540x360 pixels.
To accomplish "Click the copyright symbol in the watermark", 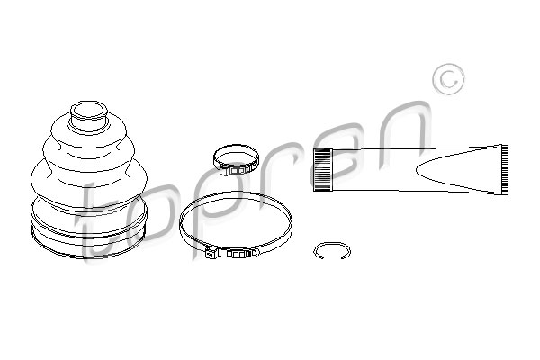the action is pos(448,79).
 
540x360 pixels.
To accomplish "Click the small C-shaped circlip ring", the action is pos(332,244).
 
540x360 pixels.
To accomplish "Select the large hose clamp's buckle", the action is pos(231,253).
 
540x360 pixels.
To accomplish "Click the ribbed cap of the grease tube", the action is pos(323,169).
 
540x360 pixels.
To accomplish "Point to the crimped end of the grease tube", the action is pos(505,169).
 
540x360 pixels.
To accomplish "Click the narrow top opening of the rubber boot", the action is pos(89,110).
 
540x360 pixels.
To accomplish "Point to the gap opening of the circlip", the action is pos(332,257).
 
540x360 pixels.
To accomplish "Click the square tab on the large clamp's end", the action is pos(210,254).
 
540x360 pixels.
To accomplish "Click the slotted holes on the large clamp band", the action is pos(238,255).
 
